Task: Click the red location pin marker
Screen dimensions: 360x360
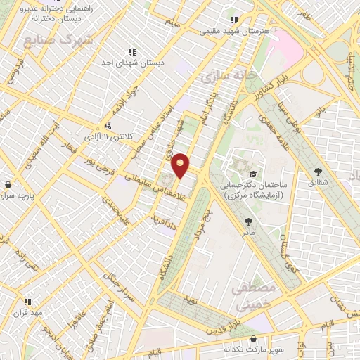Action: (181, 165)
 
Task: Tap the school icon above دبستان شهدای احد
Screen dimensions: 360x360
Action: (131, 51)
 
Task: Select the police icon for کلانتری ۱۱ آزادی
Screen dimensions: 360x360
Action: (107, 127)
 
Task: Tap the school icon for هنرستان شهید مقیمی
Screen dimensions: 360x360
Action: (234, 20)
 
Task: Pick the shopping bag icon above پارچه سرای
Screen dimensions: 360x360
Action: (8, 184)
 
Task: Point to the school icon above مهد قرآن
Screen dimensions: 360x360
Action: (27, 302)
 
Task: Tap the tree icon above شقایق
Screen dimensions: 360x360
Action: (319, 171)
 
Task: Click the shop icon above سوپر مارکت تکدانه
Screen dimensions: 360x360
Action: (252, 338)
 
